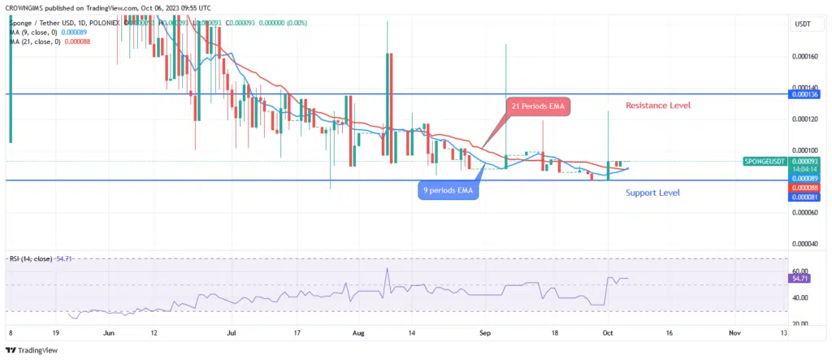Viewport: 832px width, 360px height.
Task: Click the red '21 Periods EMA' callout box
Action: (x=538, y=107)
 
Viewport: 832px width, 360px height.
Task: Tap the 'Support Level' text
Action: (x=652, y=193)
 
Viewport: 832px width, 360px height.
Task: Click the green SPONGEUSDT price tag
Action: (x=765, y=162)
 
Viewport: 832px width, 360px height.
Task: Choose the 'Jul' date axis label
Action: (x=232, y=332)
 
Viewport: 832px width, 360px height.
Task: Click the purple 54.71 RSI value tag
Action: (x=799, y=278)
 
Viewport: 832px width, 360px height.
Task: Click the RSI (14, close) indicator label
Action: (x=31, y=258)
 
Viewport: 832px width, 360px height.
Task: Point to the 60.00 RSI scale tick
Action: (x=799, y=271)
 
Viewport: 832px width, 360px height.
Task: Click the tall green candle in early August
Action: (x=387, y=106)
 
